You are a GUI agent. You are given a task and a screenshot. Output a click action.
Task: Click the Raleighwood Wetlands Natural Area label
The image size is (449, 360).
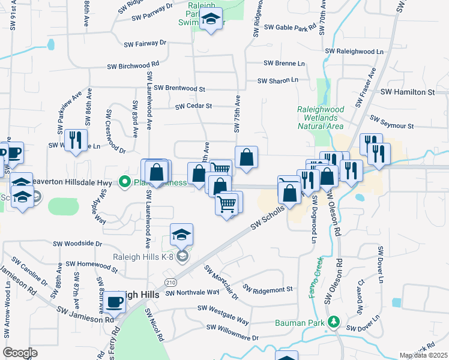click(321, 118)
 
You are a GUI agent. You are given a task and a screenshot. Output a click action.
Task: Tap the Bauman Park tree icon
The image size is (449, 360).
click(334, 322)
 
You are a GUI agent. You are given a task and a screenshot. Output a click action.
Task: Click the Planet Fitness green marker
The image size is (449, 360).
click(125, 181)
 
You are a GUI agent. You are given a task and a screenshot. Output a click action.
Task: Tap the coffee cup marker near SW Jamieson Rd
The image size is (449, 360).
click(114, 303)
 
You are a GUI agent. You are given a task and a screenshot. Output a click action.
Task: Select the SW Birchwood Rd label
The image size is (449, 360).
click(133, 65)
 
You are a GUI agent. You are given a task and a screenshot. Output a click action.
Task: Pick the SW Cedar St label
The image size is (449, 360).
click(194, 106)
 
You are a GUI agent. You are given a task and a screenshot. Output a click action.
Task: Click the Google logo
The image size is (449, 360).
click(20, 353)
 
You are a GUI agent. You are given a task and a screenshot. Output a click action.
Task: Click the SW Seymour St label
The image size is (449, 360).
click(392, 122)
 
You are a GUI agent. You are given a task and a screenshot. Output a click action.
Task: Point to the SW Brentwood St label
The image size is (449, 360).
click(179, 88)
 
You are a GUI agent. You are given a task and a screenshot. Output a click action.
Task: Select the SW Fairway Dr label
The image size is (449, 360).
click(145, 44)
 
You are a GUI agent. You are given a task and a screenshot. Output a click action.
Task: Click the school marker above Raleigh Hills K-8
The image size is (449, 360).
click(182, 235)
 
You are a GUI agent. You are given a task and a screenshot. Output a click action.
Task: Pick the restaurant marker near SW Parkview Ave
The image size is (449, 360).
click(76, 141)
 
